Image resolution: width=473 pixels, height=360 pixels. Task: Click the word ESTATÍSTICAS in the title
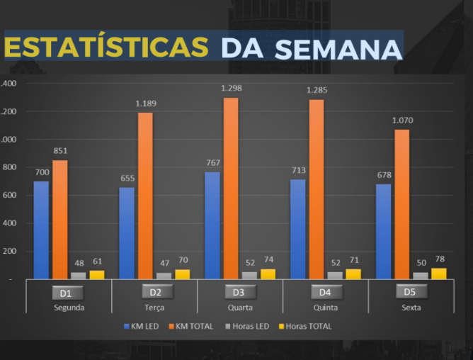(106, 47)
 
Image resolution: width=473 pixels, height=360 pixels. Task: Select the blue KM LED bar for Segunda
(41, 230)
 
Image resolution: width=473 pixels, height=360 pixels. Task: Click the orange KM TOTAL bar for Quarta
(231, 188)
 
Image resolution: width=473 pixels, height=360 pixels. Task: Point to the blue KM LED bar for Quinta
(297, 229)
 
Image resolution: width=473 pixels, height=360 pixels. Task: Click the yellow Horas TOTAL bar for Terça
(182, 274)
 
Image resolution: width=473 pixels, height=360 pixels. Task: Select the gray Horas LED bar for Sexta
(421, 275)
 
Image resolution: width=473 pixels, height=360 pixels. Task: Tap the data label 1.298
(232, 89)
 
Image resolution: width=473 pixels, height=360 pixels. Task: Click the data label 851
(60, 151)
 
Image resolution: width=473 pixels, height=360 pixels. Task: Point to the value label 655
(127, 179)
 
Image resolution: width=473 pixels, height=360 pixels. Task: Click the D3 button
(239, 292)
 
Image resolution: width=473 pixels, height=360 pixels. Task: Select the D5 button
(409, 291)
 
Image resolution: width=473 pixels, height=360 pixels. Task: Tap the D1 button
(69, 293)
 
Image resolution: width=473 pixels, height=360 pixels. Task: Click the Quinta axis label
(324, 308)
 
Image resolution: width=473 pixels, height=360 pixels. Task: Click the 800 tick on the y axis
(8, 167)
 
